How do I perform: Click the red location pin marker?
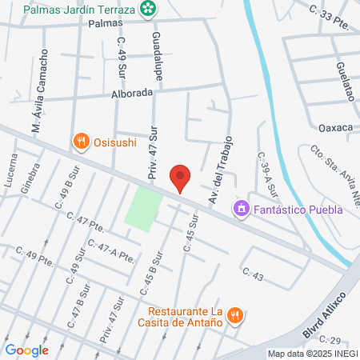pyautogui.click(x=180, y=177)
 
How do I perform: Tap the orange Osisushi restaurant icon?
pyautogui.click(x=80, y=142)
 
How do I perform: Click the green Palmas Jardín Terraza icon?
pyautogui.click(x=148, y=9)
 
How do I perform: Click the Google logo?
pyautogui.click(x=26, y=350)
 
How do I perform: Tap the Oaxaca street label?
pyautogui.click(x=336, y=127)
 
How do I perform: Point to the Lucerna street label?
pyautogui.click(x=10, y=170)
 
